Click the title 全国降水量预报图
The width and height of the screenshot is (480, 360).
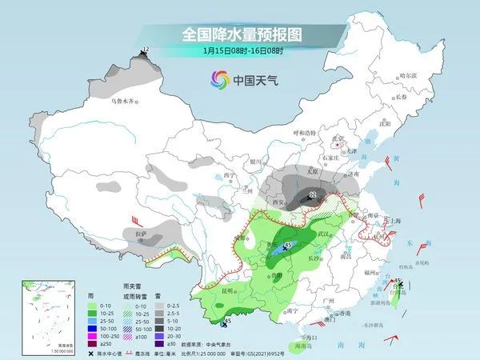click(x=240, y=34)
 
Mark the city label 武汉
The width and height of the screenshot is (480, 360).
click(x=322, y=232)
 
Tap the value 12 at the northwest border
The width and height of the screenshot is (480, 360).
click(x=145, y=50)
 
